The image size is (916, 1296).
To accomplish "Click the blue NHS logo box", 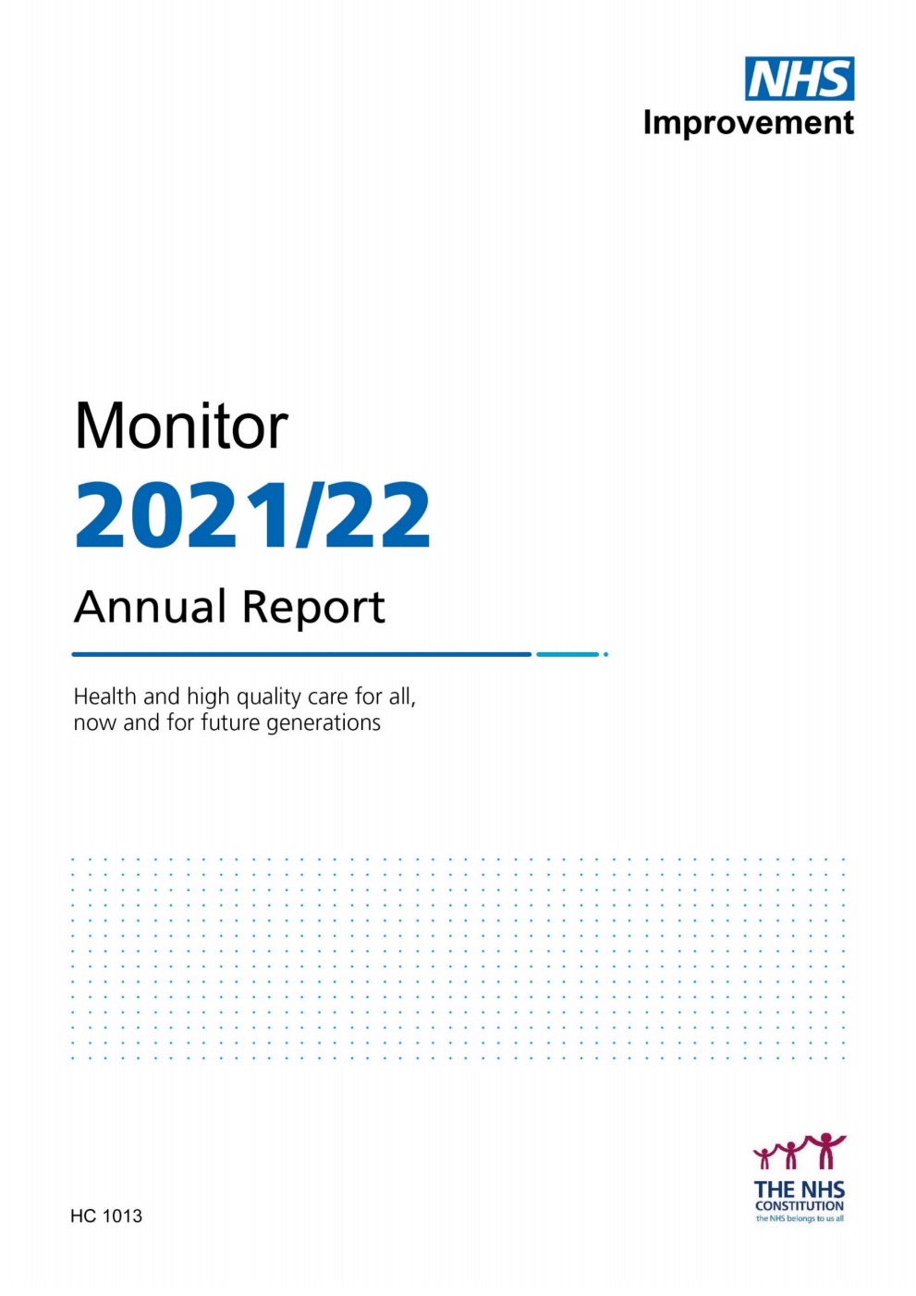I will click(x=800, y=79).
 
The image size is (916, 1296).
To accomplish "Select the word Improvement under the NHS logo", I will click(x=748, y=123).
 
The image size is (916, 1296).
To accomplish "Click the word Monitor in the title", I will click(x=181, y=426).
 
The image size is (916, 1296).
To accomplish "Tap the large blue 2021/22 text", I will click(x=252, y=515).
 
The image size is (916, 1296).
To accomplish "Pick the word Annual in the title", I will click(x=150, y=608).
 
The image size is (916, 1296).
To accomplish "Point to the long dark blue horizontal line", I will click(x=301, y=654).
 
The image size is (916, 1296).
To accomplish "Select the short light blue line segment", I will click(x=568, y=654).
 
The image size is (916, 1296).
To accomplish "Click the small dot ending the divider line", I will click(x=605, y=654).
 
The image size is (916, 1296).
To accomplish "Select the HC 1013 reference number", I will click(x=106, y=1216).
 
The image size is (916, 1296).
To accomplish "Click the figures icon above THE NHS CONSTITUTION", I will click(x=800, y=1153).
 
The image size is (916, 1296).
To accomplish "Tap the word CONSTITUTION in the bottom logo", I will click(x=800, y=1206).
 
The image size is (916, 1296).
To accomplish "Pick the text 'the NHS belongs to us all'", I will click(x=800, y=1218).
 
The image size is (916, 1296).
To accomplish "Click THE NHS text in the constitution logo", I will click(x=800, y=1190).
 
